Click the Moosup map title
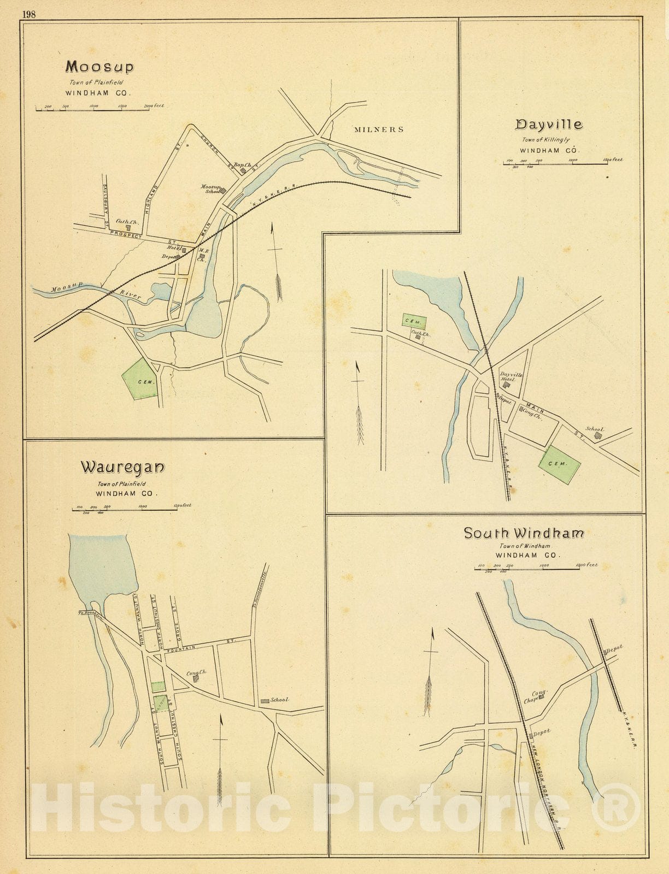tap(99, 67)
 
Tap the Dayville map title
tap(549, 125)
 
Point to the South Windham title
tap(524, 533)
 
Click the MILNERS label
tap(378, 129)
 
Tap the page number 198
tap(29, 15)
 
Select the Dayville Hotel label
tap(511, 377)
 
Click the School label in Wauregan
tap(279, 700)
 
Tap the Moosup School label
tap(211, 189)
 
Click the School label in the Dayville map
tap(595, 429)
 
